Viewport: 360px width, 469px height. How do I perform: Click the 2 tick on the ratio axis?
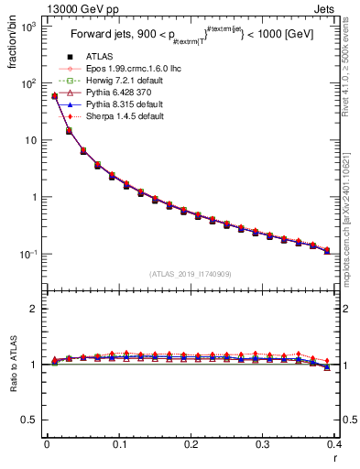(x=35, y=309)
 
